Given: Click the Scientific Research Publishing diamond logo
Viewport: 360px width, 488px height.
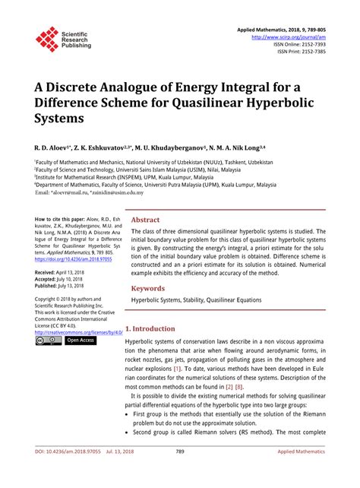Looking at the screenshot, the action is pos(48,38).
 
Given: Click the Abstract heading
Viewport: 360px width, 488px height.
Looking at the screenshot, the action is pos(146,219).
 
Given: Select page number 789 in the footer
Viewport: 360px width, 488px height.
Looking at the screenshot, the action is pos(180,472).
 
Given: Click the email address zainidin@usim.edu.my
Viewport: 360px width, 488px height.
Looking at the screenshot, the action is pos(122,192).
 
